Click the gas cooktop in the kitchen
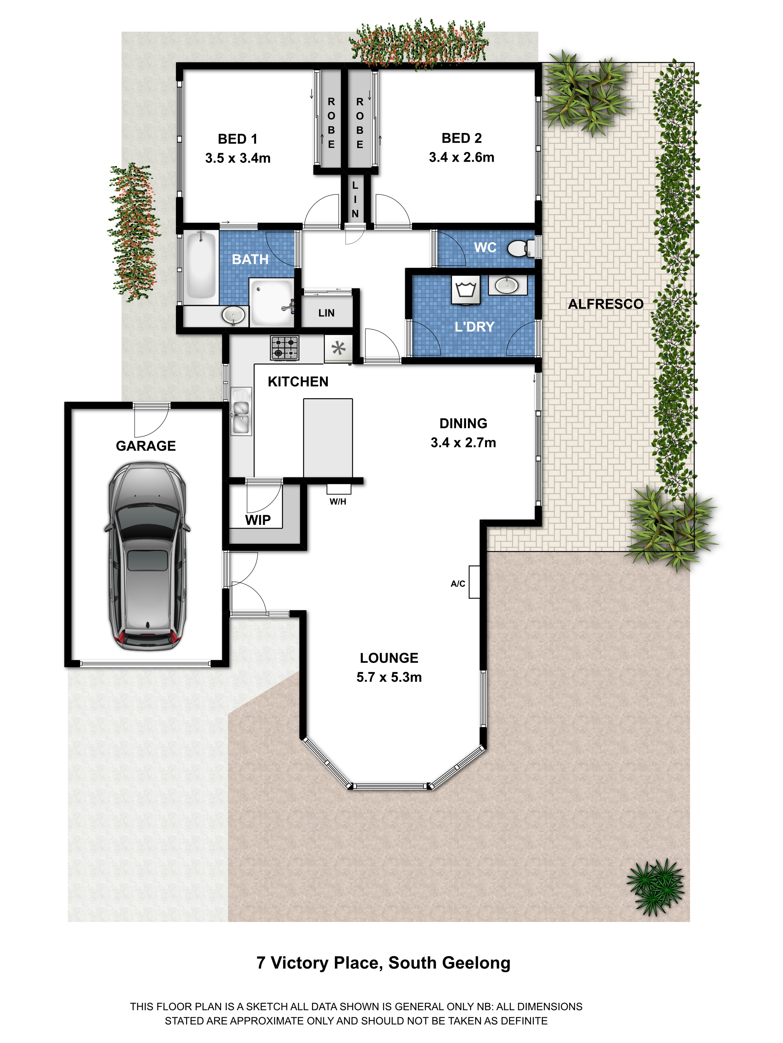(x=284, y=348)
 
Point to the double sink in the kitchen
(x=241, y=411)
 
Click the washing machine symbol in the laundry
(x=466, y=289)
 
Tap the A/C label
(x=458, y=584)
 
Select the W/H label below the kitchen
(x=338, y=502)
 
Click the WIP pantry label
(x=258, y=520)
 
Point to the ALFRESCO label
(x=606, y=304)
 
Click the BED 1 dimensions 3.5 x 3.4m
(x=238, y=158)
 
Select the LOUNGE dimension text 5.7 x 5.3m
(x=389, y=677)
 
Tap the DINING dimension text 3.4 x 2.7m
(x=463, y=442)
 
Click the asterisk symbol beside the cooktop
(x=339, y=348)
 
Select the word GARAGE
(x=146, y=446)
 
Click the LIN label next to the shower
(x=326, y=313)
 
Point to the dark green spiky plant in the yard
(x=655, y=887)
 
